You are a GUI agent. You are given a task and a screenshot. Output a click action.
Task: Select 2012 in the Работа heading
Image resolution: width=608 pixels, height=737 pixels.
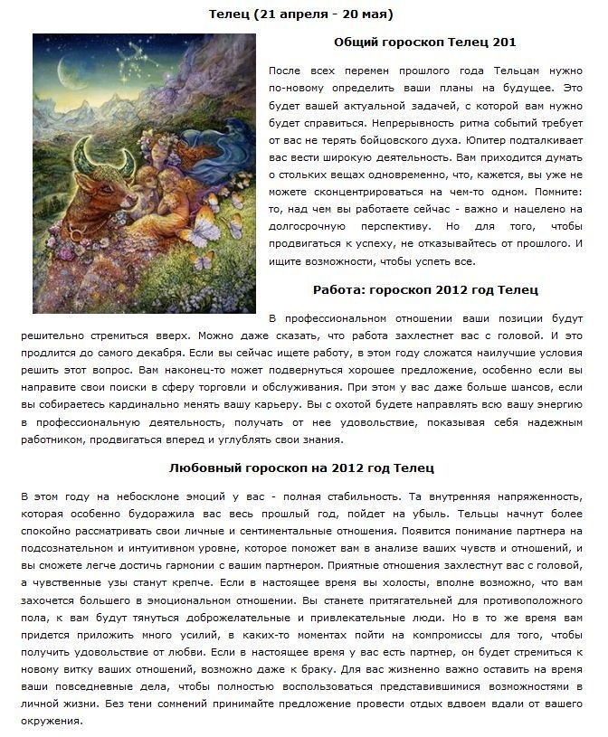point(454,289)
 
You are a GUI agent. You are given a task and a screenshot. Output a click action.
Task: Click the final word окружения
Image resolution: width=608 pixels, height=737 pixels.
point(50,722)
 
